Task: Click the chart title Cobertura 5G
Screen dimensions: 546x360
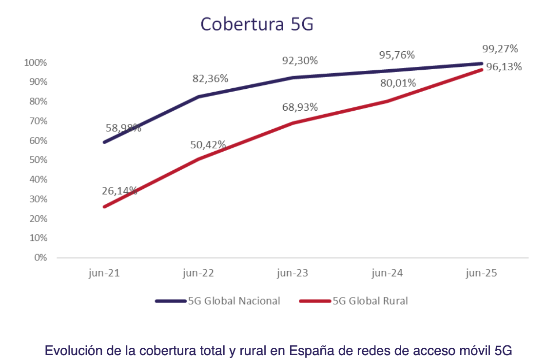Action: pyautogui.click(x=257, y=24)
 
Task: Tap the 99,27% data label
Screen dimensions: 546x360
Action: pyautogui.click(x=500, y=48)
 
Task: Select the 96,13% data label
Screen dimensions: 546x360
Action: pyautogui.click(x=504, y=66)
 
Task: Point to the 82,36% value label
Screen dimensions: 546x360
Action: pyautogui.click(x=210, y=79)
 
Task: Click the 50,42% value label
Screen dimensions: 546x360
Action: pyautogui.click(x=208, y=144)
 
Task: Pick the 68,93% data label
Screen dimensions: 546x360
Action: pyautogui.click(x=300, y=107)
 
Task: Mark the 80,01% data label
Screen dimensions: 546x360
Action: pyautogui.click(x=398, y=83)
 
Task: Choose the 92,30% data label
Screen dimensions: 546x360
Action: pyautogui.click(x=300, y=60)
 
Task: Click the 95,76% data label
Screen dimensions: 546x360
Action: pyautogui.click(x=397, y=55)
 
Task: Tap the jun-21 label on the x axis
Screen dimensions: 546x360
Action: pyautogui.click(x=104, y=273)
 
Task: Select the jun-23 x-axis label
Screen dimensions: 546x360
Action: pyautogui.click(x=292, y=273)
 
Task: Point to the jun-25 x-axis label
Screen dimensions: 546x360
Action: pyautogui.click(x=481, y=273)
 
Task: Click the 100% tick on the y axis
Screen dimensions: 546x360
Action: pyautogui.click(x=36, y=63)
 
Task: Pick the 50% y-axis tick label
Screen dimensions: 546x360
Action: pyautogui.click(x=38, y=160)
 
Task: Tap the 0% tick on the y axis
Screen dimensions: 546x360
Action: pyautogui.click(x=40, y=258)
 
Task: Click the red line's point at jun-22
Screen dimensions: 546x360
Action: pyautogui.click(x=198, y=159)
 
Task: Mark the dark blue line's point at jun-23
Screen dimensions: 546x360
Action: pyautogui.click(x=293, y=78)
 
